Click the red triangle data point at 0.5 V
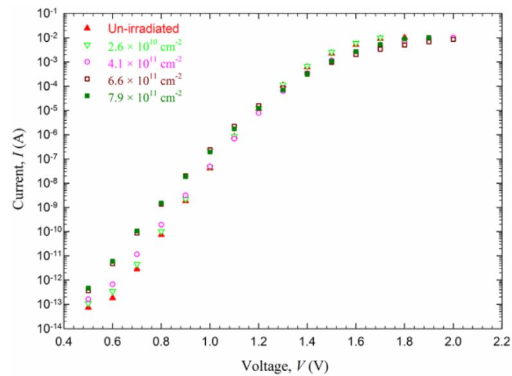click(x=88, y=307)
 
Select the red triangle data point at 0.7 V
click(x=137, y=268)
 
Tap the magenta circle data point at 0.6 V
click(x=113, y=284)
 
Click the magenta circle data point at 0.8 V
click(x=161, y=225)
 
